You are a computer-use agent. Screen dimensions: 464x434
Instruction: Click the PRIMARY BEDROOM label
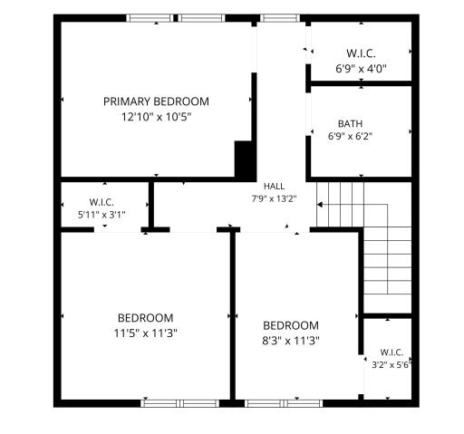[156, 101]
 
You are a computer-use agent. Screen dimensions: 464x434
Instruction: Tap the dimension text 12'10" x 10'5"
[157, 117]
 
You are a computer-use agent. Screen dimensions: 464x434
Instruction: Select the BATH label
[350, 124]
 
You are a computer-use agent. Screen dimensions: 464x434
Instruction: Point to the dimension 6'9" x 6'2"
[350, 136]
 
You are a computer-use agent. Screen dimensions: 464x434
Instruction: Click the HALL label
[274, 187]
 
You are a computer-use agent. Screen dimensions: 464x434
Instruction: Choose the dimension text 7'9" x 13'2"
[274, 198]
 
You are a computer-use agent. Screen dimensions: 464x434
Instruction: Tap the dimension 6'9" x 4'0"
[362, 69]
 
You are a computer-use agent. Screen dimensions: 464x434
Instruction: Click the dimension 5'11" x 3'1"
[101, 215]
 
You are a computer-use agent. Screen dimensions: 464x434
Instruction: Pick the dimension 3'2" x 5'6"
[391, 365]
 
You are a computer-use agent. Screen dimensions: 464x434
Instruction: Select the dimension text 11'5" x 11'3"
[145, 333]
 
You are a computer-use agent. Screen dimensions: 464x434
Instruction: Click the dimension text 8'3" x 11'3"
[291, 341]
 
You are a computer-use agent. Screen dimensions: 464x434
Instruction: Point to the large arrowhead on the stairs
[320, 205]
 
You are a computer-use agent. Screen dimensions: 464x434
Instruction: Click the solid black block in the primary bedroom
[246, 161]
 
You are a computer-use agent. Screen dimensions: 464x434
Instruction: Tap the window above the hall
[280, 18]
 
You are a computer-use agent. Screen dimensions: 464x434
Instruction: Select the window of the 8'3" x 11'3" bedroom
[284, 403]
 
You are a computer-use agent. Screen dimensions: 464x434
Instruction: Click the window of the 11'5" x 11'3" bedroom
[180, 403]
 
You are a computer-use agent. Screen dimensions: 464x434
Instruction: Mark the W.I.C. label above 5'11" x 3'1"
[101, 202]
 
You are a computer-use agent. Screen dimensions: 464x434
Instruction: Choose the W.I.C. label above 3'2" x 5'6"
[391, 352]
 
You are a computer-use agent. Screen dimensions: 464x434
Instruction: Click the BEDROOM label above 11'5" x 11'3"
[145, 318]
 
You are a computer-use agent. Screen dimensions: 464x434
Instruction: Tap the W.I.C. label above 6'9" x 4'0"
[362, 53]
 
